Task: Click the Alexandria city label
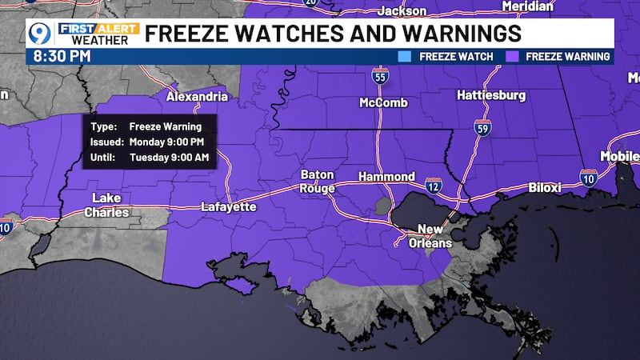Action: (197, 97)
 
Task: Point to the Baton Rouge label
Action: (318, 181)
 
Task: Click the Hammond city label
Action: (386, 177)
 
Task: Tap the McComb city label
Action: (384, 103)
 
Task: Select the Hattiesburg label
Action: (491, 95)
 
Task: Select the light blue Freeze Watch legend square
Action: (403, 57)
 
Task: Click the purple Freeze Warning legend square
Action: (510, 57)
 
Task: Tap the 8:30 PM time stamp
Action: (61, 56)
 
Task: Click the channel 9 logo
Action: (39, 34)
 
